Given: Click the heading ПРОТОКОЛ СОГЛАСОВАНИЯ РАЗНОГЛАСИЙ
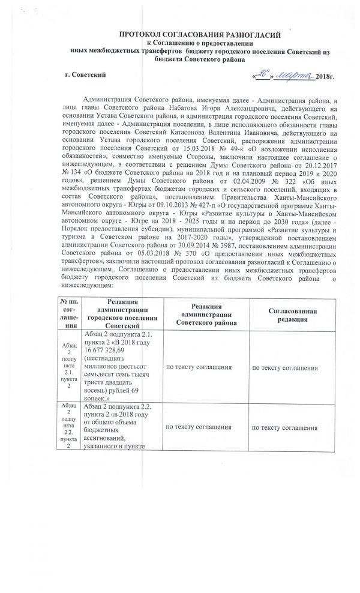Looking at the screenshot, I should coord(197,36).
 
